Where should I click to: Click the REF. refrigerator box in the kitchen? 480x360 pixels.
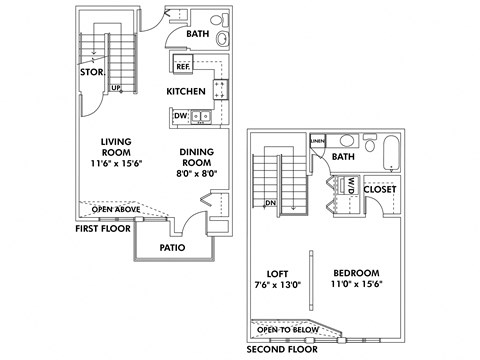(183, 67)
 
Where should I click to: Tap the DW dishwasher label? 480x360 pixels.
(181, 116)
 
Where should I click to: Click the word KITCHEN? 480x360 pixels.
(186, 92)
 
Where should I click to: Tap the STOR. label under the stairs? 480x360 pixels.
(91, 72)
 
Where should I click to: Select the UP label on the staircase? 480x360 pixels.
(117, 88)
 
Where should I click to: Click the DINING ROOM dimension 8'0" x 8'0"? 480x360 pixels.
(198, 173)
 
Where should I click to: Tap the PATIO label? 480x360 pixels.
(172, 247)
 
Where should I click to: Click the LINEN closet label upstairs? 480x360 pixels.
(318, 141)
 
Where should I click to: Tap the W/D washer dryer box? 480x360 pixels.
(352, 185)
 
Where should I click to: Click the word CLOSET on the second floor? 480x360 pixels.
(380, 188)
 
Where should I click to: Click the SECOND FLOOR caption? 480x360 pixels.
(281, 350)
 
